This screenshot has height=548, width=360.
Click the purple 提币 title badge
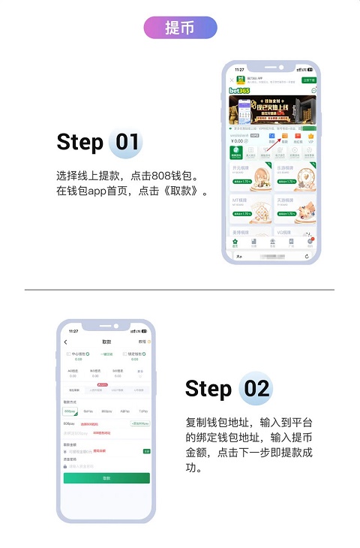click(x=180, y=28)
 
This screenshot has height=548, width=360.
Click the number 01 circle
click(x=124, y=142)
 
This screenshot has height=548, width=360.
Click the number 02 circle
click(x=255, y=388)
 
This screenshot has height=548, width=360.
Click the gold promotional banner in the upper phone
click(x=271, y=110)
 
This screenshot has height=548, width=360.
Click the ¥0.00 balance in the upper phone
click(x=238, y=141)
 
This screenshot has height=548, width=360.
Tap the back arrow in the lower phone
click(x=66, y=342)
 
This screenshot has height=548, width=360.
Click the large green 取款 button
click(x=106, y=478)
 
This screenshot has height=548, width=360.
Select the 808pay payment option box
click(x=70, y=411)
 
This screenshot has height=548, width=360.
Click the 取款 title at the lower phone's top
click(x=106, y=342)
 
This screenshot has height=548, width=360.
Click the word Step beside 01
click(x=79, y=142)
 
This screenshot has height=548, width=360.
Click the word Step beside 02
click(x=208, y=388)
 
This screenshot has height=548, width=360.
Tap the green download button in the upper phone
click(x=308, y=79)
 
